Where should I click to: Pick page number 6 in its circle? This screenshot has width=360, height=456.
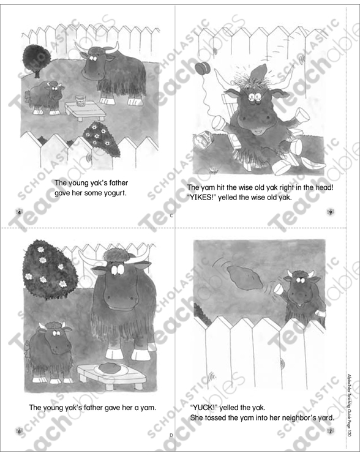(x=20, y=431)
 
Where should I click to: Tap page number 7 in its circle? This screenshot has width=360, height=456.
(x=329, y=431)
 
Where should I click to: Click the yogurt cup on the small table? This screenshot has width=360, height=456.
(x=80, y=99)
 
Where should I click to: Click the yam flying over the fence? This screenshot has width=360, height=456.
(x=246, y=281)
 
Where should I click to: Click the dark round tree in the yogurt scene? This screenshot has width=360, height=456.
(x=36, y=57)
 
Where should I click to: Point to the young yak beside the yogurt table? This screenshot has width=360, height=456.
(x=46, y=97)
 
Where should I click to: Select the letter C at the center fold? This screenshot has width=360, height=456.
(x=172, y=216)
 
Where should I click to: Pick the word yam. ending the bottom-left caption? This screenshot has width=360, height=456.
(x=146, y=406)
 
